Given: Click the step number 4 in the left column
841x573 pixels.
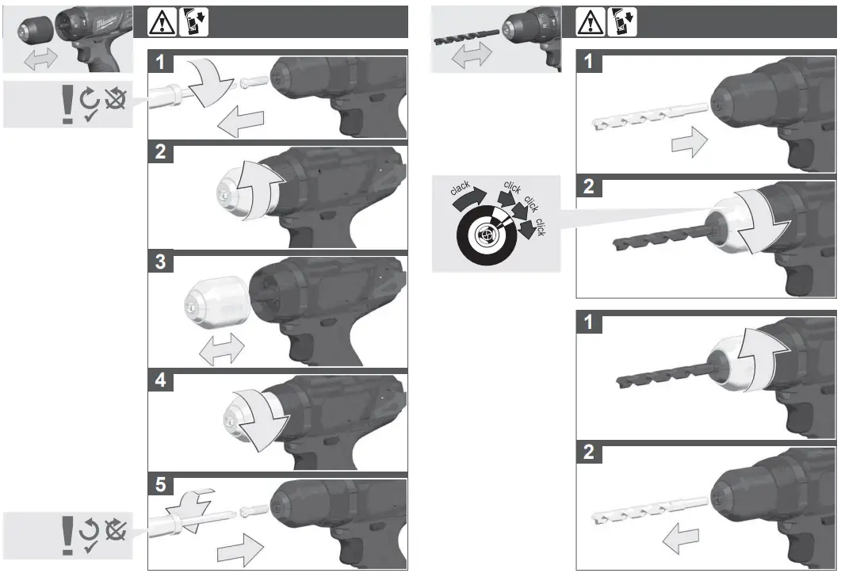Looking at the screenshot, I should pos(161,380).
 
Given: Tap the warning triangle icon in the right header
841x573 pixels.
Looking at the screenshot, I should pos(588,23).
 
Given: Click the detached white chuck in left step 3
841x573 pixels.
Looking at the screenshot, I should pos(216,304).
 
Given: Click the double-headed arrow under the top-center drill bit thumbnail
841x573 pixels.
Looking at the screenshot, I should pos(470,58).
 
